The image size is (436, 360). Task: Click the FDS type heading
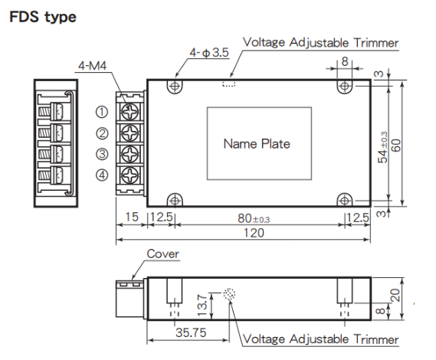pos(43,18)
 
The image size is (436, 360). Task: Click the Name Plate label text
pos(257,144)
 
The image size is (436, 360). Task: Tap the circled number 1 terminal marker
pos(102,112)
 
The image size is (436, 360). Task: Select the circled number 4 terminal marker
pos(102,175)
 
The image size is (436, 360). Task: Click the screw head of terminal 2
pos(129,133)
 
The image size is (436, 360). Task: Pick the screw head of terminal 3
pos(129,154)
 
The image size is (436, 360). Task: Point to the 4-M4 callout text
pos(92,66)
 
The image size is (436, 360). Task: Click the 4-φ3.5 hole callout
pos(209,52)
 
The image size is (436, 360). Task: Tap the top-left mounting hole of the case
pos(175,87)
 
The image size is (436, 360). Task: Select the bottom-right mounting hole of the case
pos(345,201)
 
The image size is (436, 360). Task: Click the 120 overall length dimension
pos(254,233)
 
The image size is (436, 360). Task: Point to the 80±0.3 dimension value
pos(254,218)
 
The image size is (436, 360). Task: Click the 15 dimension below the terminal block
pos(132,217)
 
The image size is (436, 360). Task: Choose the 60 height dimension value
pos(396,145)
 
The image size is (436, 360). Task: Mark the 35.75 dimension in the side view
pos(191,332)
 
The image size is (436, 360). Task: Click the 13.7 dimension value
pos(202,306)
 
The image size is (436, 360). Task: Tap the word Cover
pos(162,254)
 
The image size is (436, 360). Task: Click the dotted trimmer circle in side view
pos(229,294)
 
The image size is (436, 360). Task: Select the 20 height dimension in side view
pos(395,295)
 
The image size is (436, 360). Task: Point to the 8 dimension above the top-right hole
pos(345,61)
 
